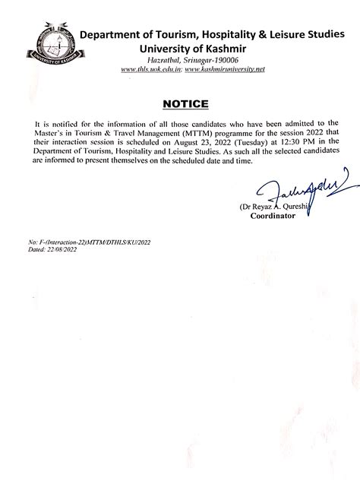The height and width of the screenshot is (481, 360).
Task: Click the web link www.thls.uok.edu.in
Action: point(150,70)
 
